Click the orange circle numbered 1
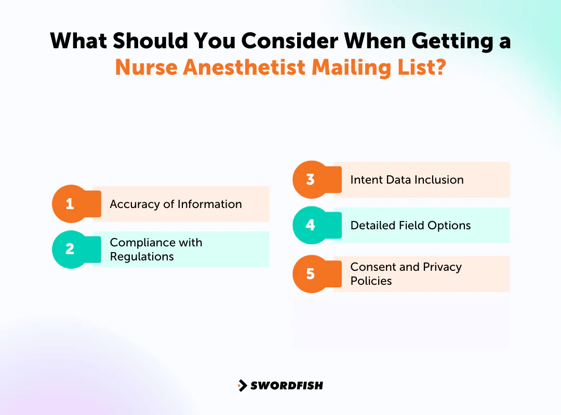click(x=70, y=204)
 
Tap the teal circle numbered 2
click(x=70, y=250)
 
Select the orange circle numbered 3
click(x=311, y=179)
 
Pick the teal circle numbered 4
click(x=311, y=225)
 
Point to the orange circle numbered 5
click(x=311, y=273)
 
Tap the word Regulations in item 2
click(x=142, y=256)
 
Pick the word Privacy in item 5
click(x=442, y=267)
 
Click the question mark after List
click(x=440, y=67)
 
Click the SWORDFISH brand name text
click(x=287, y=385)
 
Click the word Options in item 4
click(x=450, y=226)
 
